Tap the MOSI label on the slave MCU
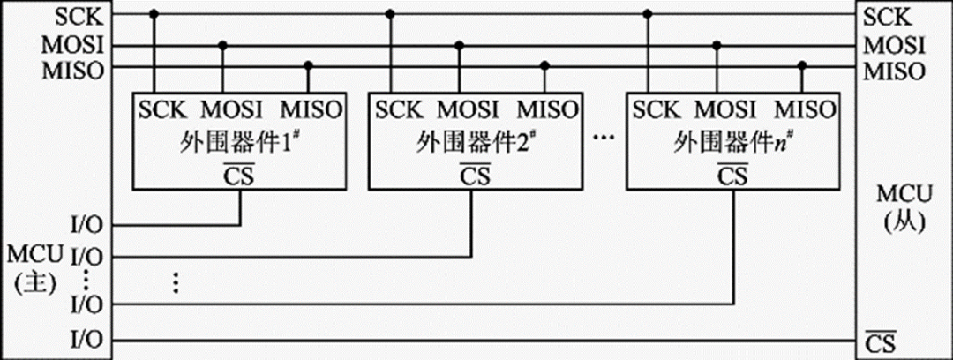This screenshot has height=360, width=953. tap(894, 44)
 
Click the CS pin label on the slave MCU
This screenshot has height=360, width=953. tap(882, 341)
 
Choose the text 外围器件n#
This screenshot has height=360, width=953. tap(732, 141)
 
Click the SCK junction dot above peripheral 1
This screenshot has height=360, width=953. tap(154, 15)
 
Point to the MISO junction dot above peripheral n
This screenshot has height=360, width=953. tap(801, 65)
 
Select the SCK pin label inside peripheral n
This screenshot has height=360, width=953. tap(657, 110)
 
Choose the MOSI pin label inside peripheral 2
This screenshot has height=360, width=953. tap(468, 110)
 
